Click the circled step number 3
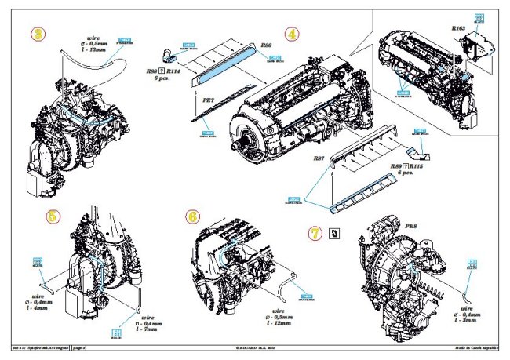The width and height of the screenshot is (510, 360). (x=35, y=35)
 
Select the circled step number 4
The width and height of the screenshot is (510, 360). (x=292, y=35)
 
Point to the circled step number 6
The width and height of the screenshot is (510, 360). (x=193, y=217)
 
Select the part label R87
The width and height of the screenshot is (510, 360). (x=319, y=158)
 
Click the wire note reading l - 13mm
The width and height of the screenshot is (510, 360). (x=99, y=49)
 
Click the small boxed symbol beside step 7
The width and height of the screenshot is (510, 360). (x=335, y=232)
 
